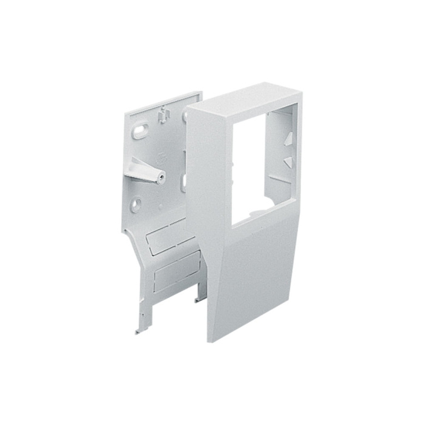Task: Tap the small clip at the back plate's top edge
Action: click(x=162, y=113)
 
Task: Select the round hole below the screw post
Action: click(x=138, y=203)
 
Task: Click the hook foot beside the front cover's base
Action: click(x=197, y=299)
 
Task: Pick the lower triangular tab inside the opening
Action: click(x=288, y=161)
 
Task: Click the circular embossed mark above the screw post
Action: click(x=161, y=157)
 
